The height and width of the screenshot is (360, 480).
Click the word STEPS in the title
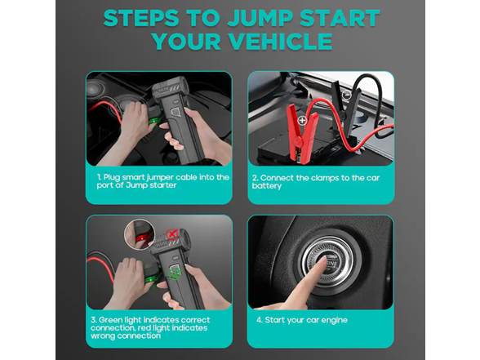(x=144, y=17)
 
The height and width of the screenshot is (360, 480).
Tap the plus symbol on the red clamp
(x=303, y=120)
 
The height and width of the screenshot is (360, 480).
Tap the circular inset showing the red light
(x=142, y=237)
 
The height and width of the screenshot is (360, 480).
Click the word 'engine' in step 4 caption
(x=335, y=319)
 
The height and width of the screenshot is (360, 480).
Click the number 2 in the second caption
(x=254, y=176)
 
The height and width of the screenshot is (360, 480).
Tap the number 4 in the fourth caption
(x=258, y=319)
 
